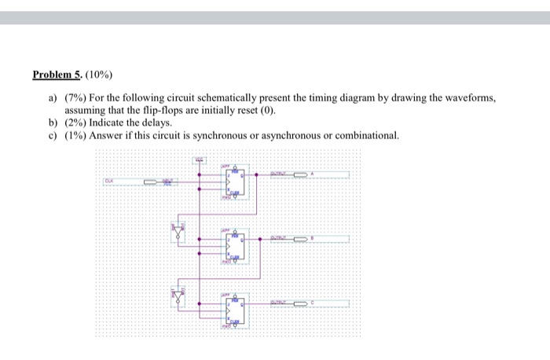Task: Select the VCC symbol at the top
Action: [200, 161]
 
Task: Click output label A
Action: [314, 173]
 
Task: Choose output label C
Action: [314, 302]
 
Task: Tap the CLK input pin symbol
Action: [160, 182]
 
